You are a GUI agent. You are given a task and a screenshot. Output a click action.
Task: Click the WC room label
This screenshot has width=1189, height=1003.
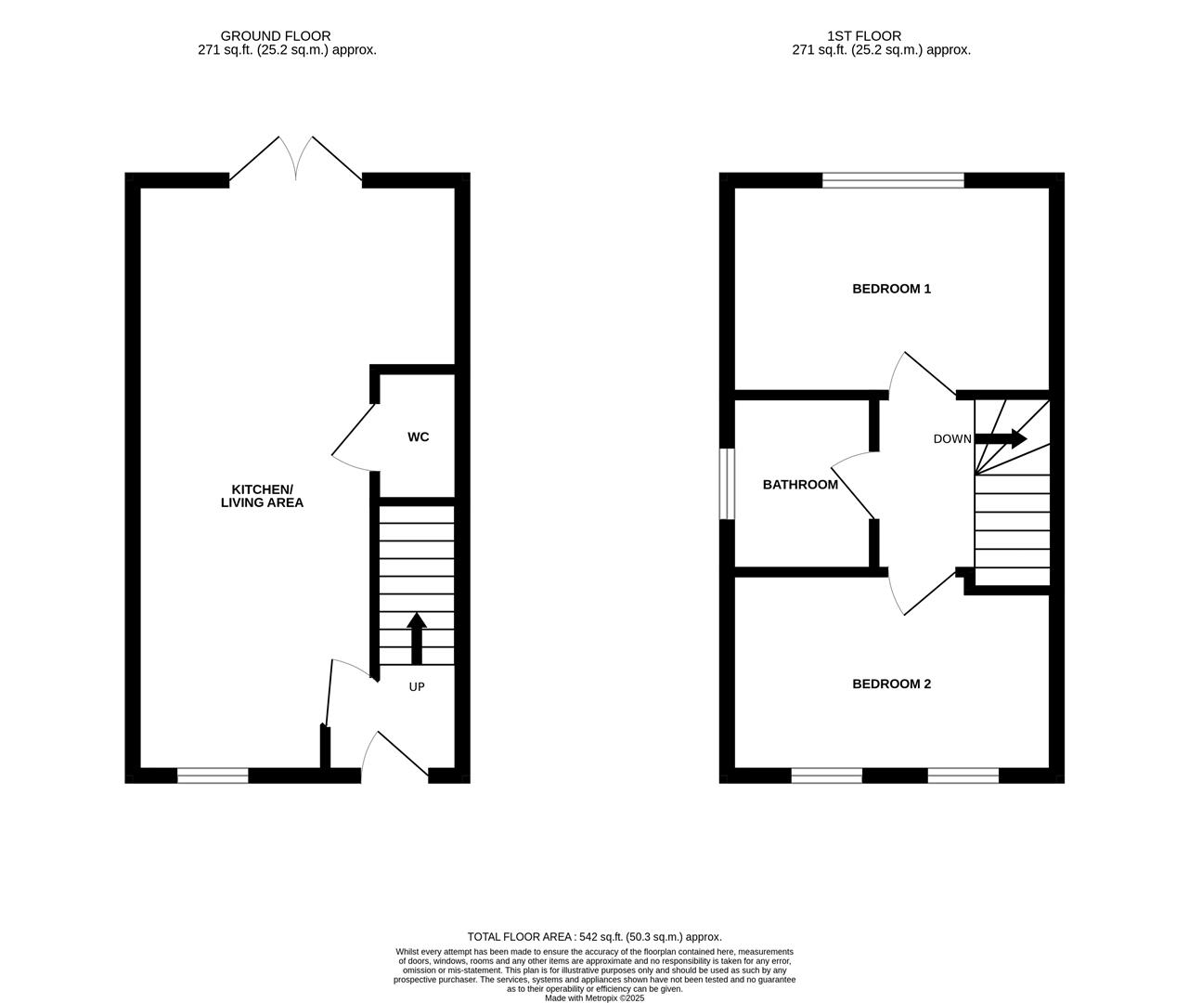418,436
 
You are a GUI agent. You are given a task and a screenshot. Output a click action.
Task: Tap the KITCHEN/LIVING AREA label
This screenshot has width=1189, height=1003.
262,496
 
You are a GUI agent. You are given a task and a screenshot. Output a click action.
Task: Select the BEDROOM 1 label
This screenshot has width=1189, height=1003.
891,289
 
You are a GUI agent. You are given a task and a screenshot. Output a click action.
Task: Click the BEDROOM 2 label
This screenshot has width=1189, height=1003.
891,684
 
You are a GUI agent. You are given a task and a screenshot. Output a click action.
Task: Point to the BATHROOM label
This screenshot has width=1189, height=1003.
800,485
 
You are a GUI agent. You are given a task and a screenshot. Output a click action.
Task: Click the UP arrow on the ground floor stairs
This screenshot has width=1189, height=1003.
417,637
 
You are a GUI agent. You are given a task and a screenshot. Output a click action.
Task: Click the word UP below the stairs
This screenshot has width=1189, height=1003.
417,687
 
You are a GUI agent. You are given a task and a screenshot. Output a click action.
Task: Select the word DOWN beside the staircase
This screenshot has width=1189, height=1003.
952,439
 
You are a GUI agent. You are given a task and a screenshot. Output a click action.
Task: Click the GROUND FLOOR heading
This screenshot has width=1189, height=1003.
288,36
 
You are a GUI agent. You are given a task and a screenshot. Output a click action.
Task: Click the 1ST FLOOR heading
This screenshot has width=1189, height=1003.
881,36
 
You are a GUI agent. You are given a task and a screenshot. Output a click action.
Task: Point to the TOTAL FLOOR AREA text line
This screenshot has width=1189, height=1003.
594,937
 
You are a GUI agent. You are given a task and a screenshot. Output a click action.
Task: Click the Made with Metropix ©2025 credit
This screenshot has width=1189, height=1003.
594,998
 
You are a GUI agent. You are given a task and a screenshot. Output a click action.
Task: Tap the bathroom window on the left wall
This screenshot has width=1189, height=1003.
728,484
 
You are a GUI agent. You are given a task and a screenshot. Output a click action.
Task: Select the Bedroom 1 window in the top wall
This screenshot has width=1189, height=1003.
893,180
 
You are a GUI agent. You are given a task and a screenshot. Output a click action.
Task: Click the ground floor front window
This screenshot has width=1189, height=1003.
213,775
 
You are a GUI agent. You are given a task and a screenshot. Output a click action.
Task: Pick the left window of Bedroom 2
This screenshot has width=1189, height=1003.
826,775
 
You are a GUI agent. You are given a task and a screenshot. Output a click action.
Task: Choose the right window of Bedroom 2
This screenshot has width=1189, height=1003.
963,775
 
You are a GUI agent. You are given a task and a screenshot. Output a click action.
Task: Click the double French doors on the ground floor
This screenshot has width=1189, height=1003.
295,162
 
